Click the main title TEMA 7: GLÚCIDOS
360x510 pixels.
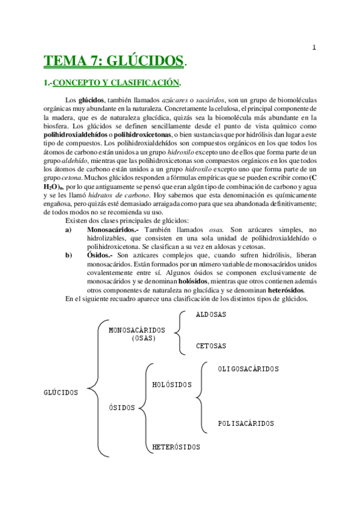click(x=114, y=61)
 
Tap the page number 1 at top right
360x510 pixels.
click(x=314, y=48)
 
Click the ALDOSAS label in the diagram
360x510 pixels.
click(x=211, y=315)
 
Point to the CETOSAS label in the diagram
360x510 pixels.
click(x=211, y=346)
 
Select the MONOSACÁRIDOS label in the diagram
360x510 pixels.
click(x=136, y=330)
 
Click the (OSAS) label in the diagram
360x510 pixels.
click(x=143, y=338)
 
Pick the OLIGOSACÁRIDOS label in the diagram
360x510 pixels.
click(x=248, y=369)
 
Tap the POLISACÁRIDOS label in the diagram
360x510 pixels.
click(x=246, y=423)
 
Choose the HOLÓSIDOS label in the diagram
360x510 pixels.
click(x=172, y=384)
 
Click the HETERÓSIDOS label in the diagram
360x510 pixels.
click(x=176, y=447)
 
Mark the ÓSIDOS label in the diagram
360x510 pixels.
click(x=122, y=408)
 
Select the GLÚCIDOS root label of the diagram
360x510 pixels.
click(x=61, y=393)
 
